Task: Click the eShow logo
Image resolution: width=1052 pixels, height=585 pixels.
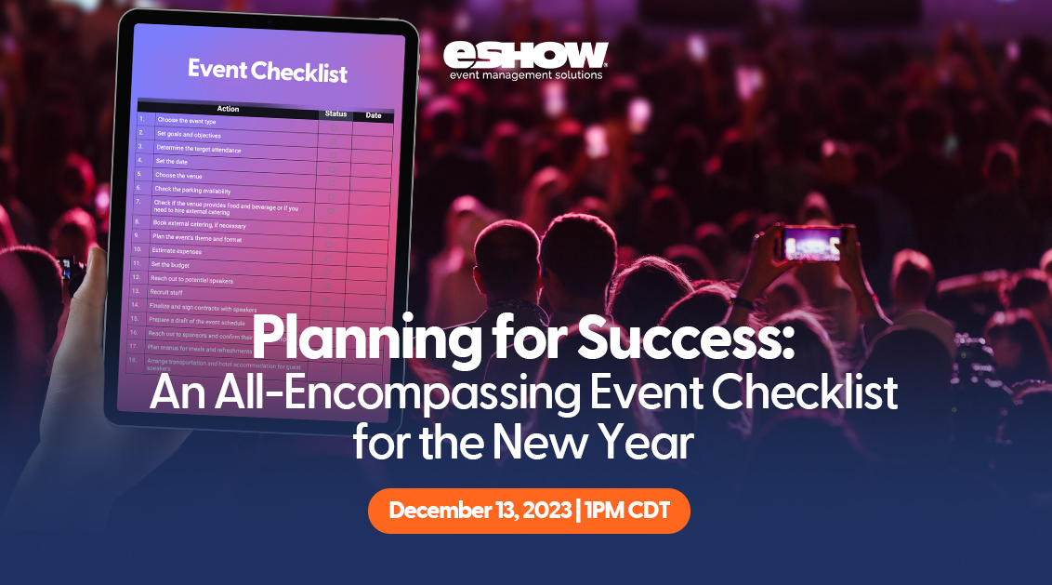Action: coord(525,54)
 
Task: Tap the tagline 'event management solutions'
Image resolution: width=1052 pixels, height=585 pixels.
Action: coord(525,74)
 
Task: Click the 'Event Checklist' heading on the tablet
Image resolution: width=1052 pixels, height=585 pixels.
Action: coord(268,70)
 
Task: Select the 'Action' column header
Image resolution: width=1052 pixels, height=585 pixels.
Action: coord(228,109)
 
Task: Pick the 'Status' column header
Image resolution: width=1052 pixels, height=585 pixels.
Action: coord(335,113)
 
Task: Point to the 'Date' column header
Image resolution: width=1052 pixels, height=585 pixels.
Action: coord(374,116)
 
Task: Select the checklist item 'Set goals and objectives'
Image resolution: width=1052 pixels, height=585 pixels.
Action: coord(189,135)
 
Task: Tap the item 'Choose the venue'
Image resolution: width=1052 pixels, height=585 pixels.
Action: coord(178,175)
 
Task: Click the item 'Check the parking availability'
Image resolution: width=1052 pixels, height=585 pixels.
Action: coord(192,190)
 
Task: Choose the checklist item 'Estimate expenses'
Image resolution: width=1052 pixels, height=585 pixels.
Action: coord(177,250)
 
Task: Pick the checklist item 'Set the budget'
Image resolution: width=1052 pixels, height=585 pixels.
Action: coord(171,264)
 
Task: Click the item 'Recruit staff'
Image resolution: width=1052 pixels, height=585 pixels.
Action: coord(167,291)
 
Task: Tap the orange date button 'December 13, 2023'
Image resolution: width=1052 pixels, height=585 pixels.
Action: coord(529,511)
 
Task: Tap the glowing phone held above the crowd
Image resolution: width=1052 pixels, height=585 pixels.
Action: coord(812,243)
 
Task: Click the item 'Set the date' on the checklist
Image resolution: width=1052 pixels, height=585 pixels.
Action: coord(171,161)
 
